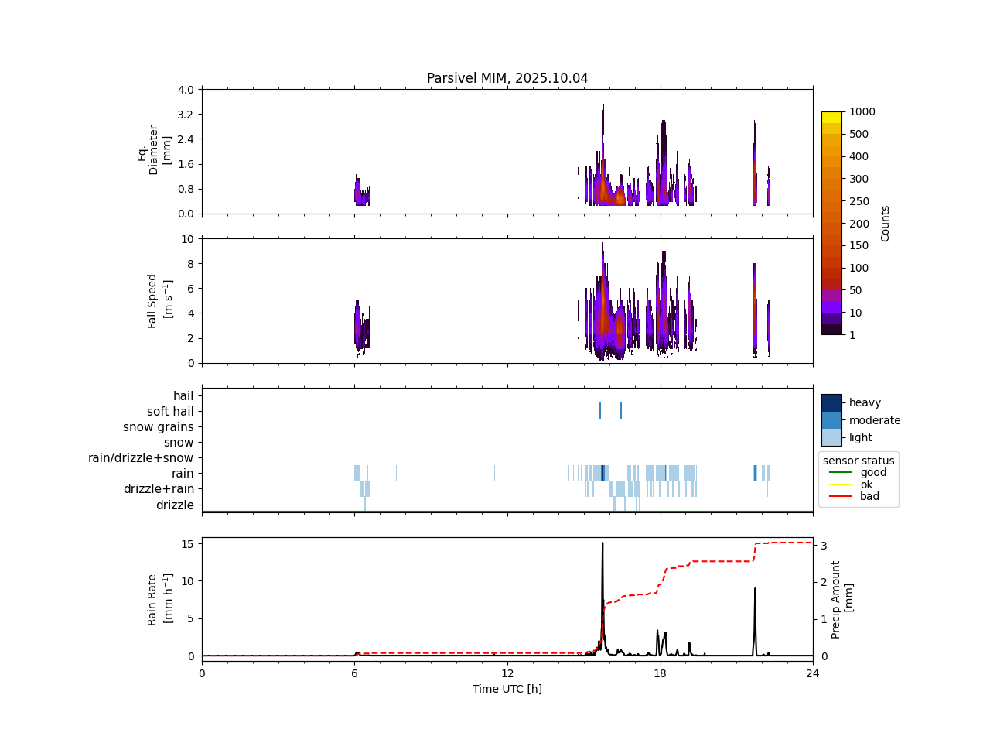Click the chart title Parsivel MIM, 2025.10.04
tap(507, 78)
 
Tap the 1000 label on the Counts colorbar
tap(862, 111)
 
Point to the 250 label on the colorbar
tap(859, 201)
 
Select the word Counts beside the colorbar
tap(886, 223)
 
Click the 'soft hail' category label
tap(170, 412)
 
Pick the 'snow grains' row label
tap(159, 427)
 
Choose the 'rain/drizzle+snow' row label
tap(141, 458)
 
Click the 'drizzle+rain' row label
tap(159, 489)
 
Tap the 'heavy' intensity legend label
tap(865, 402)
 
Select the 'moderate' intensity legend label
tap(875, 420)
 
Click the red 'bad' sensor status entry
tap(869, 496)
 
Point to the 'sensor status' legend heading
tap(859, 461)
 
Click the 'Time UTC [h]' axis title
tap(507, 689)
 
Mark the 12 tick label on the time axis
tap(507, 673)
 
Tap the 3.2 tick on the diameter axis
tap(186, 115)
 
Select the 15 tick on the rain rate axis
tap(187, 544)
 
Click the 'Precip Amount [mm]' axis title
tap(842, 600)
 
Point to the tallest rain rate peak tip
tap(603, 543)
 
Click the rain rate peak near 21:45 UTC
tap(755, 588)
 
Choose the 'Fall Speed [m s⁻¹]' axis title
tap(159, 301)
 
